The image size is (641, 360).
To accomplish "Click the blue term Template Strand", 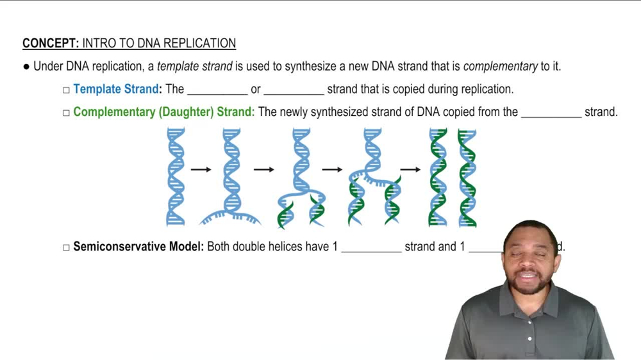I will tap(116, 89).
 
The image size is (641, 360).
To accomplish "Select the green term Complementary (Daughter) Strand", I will tap(163, 112).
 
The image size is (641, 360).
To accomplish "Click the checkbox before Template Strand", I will tap(66, 90).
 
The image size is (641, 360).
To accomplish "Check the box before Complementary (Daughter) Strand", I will tap(66, 113).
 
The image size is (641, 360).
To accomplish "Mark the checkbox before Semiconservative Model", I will tap(66, 247).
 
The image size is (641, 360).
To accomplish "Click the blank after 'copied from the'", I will tap(551, 113).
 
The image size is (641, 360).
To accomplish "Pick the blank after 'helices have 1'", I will tap(371, 248).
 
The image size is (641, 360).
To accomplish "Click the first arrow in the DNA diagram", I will tap(201, 170).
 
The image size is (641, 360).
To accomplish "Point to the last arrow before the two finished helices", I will tap(410, 170).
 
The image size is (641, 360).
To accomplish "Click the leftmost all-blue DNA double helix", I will tap(175, 176).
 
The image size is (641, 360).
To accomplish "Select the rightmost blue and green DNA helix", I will tap(467, 177).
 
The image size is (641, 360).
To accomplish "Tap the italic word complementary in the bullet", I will tap(491, 66).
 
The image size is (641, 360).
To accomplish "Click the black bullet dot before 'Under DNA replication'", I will tap(26, 66).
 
